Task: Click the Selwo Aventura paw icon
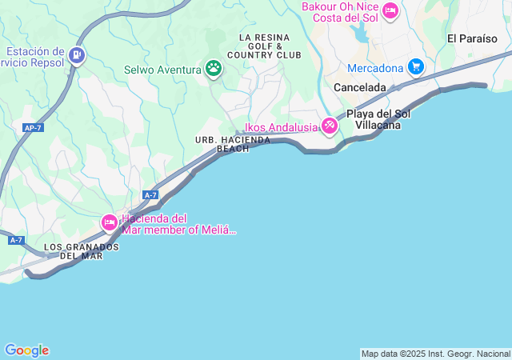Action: coord(214,69)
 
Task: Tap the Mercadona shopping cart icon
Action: coord(415,67)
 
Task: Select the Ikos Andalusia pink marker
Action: coord(329,126)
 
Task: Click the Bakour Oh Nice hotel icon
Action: coord(390,11)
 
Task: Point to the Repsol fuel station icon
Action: coord(77,56)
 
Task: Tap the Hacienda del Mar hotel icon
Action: coord(110,222)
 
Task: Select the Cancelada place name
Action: coord(360,87)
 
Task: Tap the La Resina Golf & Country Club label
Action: coord(269,46)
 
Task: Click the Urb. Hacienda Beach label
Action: coord(233,144)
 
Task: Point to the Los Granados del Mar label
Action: coord(82,251)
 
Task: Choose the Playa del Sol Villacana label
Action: coord(378,119)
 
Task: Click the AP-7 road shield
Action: coord(32,127)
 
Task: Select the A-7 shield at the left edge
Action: coord(16,240)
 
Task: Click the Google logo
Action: coord(26,350)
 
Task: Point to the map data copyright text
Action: coord(435,354)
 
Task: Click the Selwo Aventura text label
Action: coord(162,70)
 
